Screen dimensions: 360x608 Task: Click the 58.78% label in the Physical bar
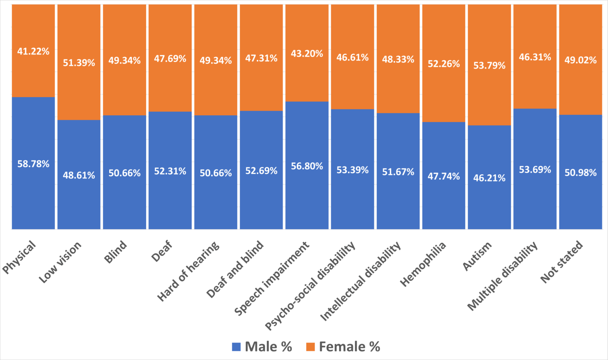coord(33,164)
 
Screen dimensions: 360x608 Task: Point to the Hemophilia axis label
coord(423,264)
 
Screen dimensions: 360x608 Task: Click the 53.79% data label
coord(489,65)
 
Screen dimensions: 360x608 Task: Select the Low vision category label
coord(60,262)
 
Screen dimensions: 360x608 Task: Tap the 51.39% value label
coord(79,63)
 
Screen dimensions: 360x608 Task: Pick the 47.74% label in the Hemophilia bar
coord(444,176)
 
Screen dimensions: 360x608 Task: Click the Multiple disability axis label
coord(503,276)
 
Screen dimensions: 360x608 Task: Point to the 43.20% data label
coord(307,53)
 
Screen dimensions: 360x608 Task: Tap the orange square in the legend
coord(311,347)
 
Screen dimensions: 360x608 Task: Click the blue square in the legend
coord(236,347)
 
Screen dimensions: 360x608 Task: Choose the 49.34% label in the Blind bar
coord(124,61)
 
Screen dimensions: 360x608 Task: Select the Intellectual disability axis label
coord(361,281)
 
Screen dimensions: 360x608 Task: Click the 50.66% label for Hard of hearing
coord(216,173)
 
